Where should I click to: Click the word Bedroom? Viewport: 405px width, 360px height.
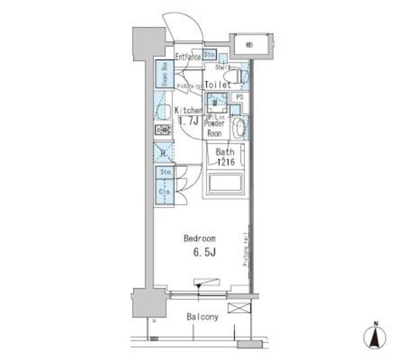pos(199,239)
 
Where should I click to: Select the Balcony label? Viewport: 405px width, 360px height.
pos(202,316)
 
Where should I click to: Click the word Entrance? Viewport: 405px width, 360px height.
pos(187,57)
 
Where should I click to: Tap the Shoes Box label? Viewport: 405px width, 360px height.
pos(163,73)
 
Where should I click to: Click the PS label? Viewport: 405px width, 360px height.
pos(239,97)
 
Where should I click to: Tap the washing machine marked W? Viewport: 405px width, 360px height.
pos(215,102)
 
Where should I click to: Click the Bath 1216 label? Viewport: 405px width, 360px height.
pos(225,157)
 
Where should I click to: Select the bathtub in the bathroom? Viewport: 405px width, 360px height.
pos(225,183)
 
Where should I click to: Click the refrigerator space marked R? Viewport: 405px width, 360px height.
pos(163,152)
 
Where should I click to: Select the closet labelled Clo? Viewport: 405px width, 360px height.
pos(163,190)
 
